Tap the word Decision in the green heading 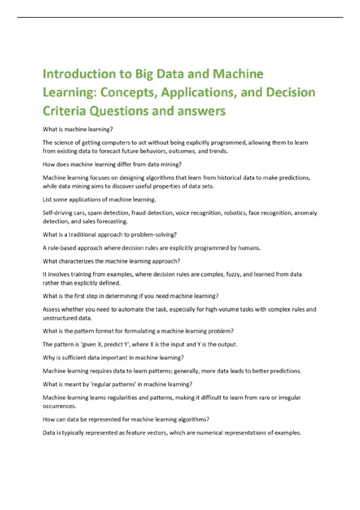point(291,92)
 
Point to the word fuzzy point(233,274)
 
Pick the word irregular point(289,397)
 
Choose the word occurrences point(59,406)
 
